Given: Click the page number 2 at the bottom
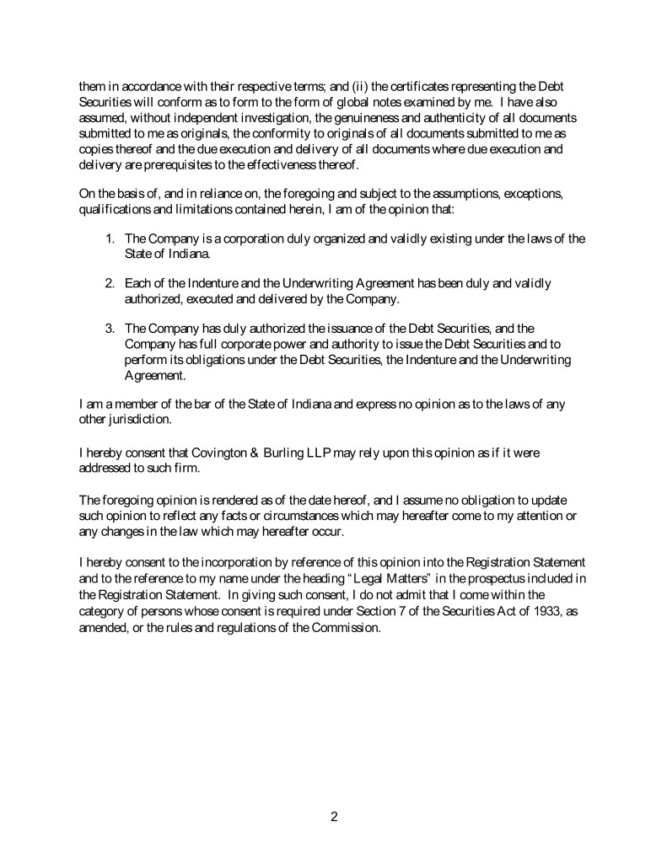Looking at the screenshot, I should [333, 816].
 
